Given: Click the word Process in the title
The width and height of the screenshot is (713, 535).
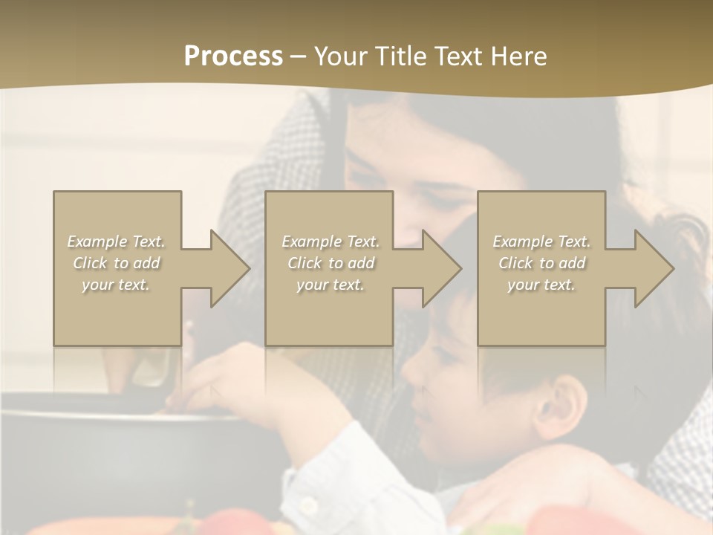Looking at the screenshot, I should point(233,56).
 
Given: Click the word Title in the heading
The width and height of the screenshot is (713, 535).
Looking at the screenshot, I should point(402,56).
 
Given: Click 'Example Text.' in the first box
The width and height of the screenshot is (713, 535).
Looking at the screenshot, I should point(117,241).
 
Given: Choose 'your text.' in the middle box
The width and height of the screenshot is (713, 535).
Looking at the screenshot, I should point(330,285).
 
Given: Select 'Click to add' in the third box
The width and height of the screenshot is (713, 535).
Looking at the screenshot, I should point(541,263).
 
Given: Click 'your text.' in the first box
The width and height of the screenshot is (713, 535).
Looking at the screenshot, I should point(116,285).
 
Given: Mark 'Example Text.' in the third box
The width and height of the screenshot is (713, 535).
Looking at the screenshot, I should point(541,241).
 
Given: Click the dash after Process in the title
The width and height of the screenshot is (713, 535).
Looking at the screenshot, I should point(298,56).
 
